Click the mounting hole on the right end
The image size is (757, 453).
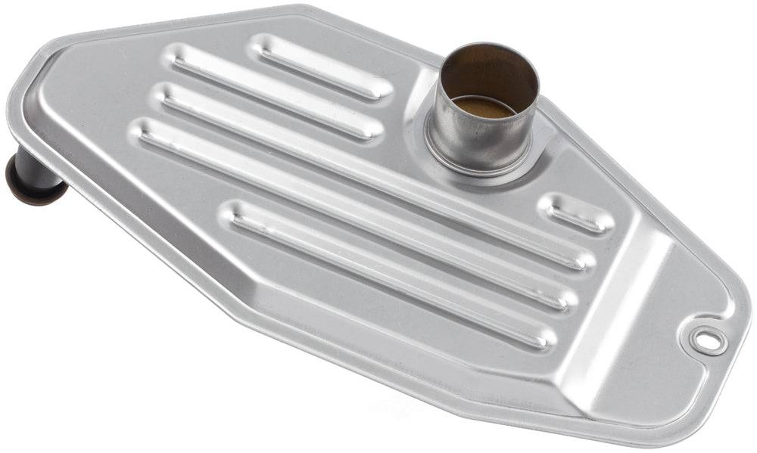pyautogui.click(x=707, y=341)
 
